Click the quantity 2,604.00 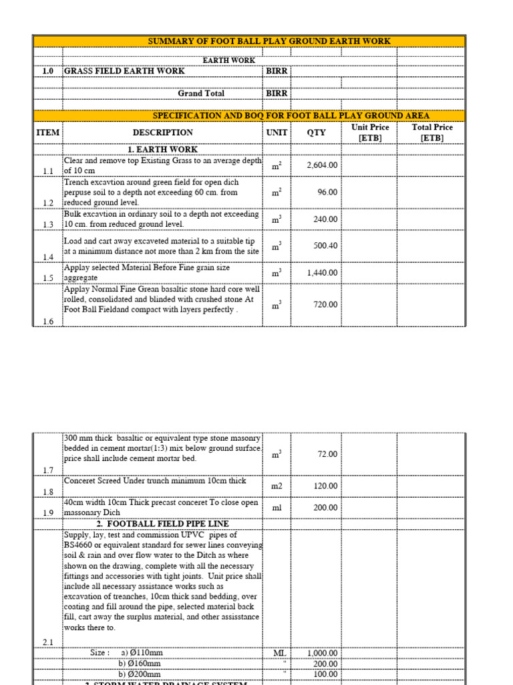point(321,165)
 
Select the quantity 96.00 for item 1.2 point(327,192)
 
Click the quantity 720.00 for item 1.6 point(325,304)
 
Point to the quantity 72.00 point(327,454)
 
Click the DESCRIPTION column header point(162,132)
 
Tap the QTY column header point(316,132)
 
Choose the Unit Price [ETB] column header point(369,132)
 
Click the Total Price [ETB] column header point(432,132)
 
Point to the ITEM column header point(47,132)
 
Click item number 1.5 point(47,278)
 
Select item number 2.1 point(47,642)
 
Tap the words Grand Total point(201,94)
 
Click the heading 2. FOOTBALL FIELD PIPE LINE point(162,524)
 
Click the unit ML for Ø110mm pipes point(279,653)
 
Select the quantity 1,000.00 point(322,653)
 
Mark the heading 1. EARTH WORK point(162,149)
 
